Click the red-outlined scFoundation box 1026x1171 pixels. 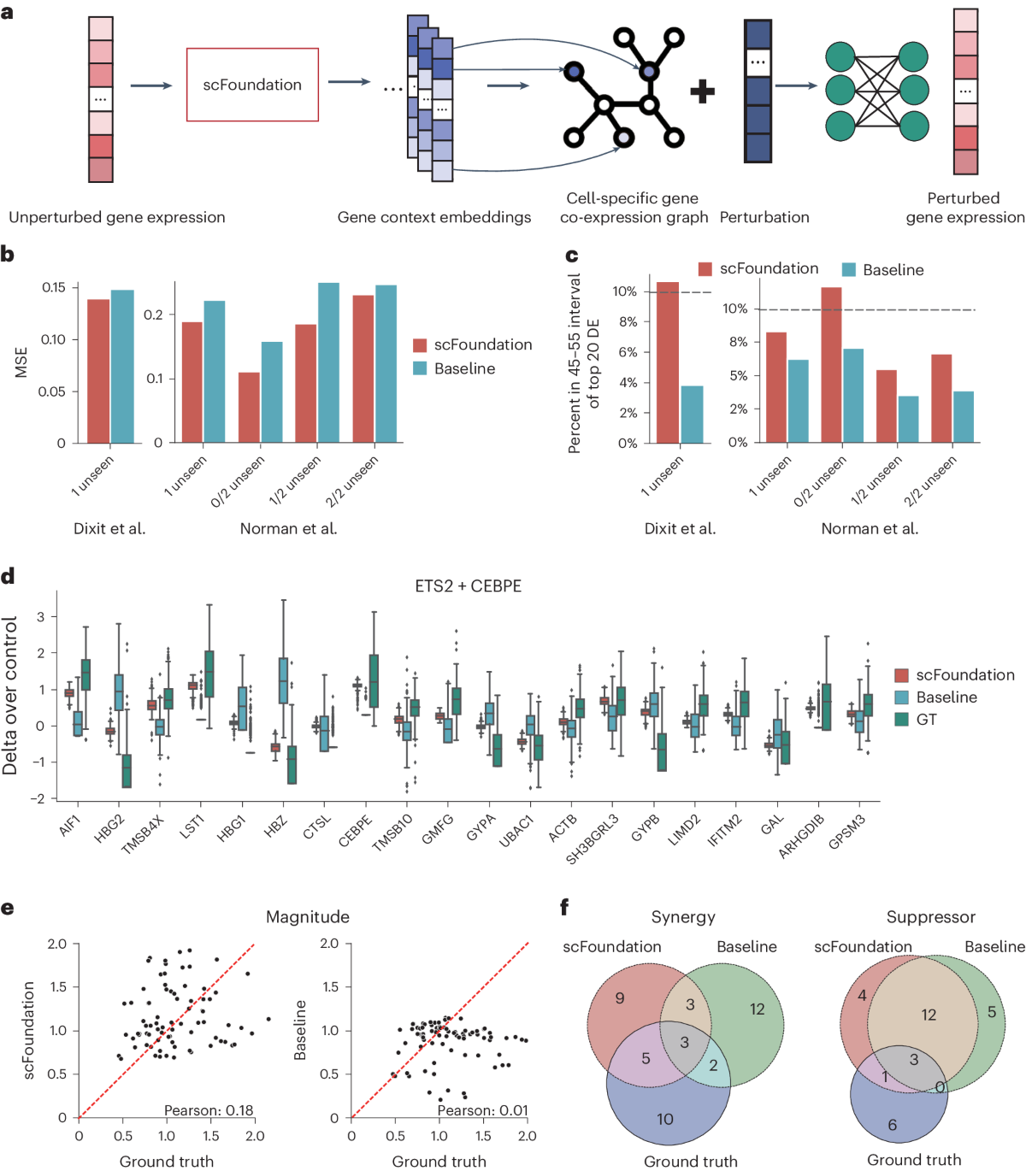252,85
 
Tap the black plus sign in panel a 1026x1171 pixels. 702,91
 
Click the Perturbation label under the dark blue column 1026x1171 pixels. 764,217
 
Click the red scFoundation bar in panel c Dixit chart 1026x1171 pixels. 668,362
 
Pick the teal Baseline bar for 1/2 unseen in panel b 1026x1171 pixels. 328,362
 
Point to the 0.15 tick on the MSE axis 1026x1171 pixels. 54,287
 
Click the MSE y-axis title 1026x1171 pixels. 21,362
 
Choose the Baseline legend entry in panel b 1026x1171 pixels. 464,368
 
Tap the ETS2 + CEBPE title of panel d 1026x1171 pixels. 468,586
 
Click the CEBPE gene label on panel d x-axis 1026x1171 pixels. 357,830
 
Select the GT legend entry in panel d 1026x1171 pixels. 926,720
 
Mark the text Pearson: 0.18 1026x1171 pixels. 209,1110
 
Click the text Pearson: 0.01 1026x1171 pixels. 482,1110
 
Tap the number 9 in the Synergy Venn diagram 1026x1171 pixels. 620,997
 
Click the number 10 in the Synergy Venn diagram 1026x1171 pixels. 664,1119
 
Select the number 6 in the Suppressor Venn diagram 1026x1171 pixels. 892,1125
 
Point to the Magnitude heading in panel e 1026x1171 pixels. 308,917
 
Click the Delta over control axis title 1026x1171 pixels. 10,696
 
